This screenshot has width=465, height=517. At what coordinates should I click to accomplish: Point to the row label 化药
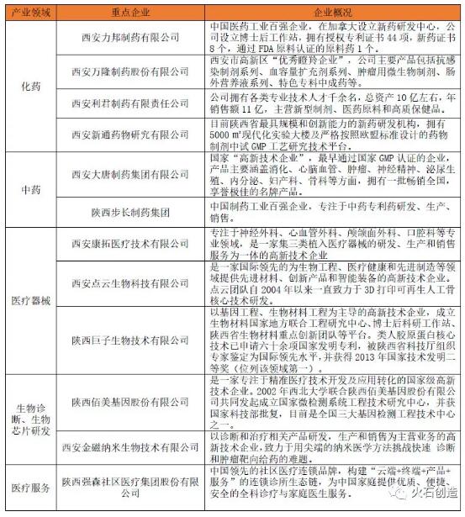(x=29, y=87)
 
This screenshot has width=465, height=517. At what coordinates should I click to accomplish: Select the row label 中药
(x=29, y=189)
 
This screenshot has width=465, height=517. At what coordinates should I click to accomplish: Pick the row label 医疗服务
(x=29, y=486)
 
